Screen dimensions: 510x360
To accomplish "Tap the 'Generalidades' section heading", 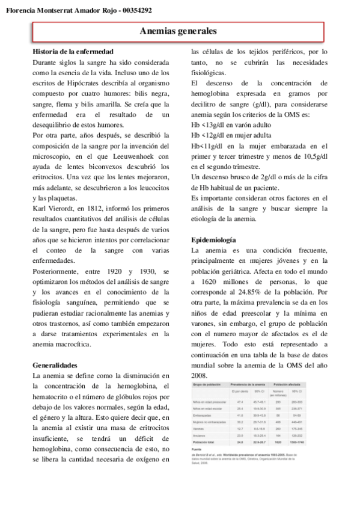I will tap(55, 364).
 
